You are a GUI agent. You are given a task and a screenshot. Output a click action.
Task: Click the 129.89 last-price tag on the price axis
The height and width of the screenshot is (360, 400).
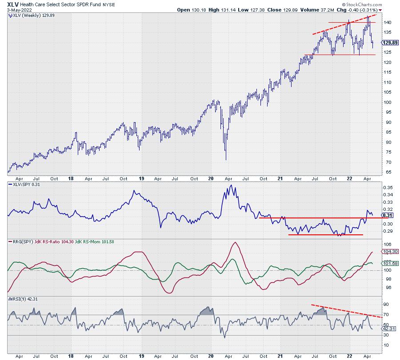point(390,43)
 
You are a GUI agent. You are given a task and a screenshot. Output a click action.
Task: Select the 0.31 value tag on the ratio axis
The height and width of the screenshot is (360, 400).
point(387,215)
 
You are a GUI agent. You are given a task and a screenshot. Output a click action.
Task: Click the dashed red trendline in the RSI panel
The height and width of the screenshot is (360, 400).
point(347,311)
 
